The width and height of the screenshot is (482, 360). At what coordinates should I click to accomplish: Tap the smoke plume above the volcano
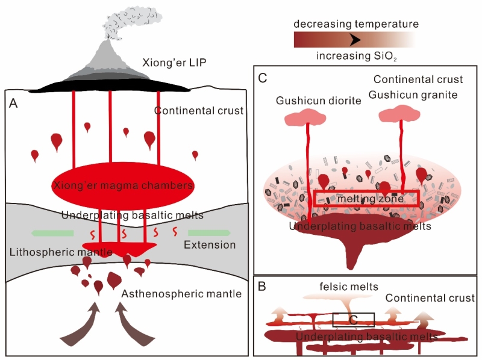[x=127, y=23]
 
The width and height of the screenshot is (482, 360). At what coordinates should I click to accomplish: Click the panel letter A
[x=15, y=104]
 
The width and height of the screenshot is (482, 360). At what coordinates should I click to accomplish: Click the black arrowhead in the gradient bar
[x=355, y=40]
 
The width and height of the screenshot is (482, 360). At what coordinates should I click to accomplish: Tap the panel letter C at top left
[x=262, y=78]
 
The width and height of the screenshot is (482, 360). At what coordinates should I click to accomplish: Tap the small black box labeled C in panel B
[x=354, y=318]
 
